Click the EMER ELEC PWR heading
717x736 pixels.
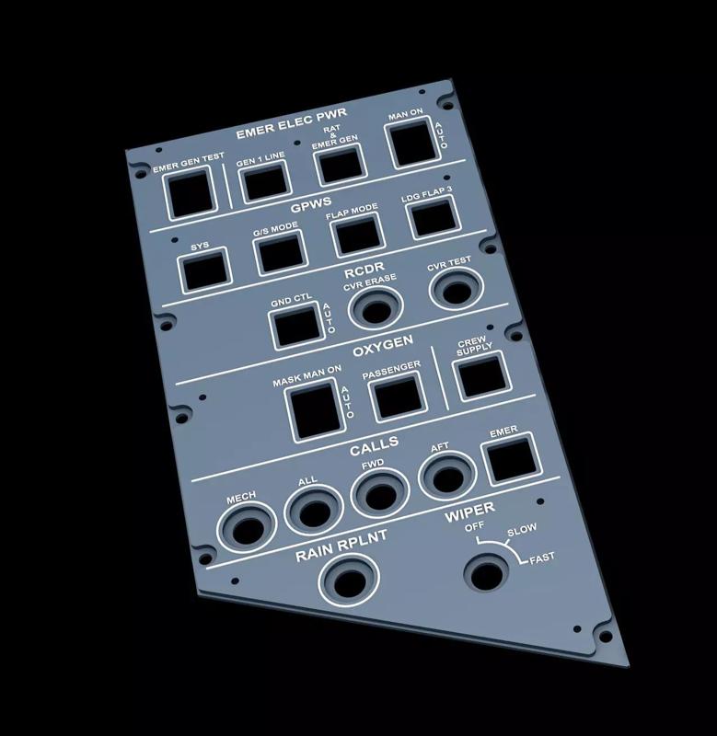coord(291,123)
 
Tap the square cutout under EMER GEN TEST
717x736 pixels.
coord(191,193)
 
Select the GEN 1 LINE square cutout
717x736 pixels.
coord(265,181)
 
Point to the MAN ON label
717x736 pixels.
coord(405,114)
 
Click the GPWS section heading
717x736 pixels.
coord(311,205)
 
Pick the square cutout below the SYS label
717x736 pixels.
coord(204,270)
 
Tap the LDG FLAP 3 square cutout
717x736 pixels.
coord(432,217)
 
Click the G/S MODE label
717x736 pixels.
coord(275,228)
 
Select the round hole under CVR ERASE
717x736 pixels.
coord(376,308)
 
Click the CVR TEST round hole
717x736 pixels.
coord(456,289)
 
